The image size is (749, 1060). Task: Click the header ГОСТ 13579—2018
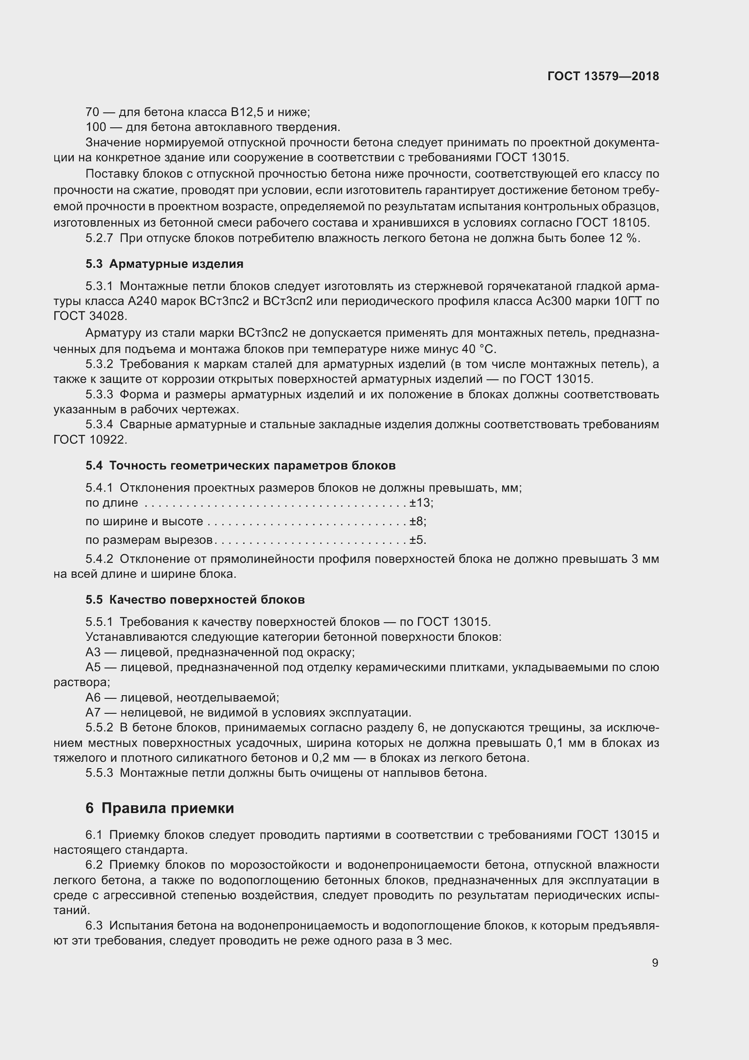(x=603, y=77)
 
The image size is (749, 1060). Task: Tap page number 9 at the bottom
(x=655, y=963)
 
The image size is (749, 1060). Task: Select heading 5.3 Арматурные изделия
(x=164, y=264)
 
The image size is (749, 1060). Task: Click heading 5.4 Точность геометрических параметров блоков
(x=240, y=465)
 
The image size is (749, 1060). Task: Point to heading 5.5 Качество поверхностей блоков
(x=195, y=600)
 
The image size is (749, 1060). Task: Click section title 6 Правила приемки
(x=159, y=808)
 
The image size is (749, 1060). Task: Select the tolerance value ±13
(x=420, y=502)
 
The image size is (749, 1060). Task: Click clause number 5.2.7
(x=99, y=238)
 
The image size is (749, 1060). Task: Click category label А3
(x=93, y=652)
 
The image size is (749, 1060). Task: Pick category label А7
(x=93, y=712)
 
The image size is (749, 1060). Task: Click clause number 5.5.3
(x=99, y=773)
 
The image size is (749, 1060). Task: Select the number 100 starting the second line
(x=96, y=126)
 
